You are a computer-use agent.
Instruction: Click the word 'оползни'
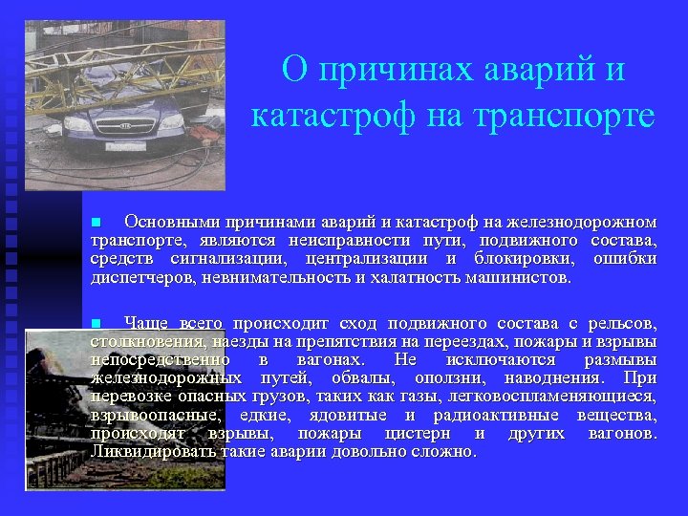pyautogui.click(x=450, y=377)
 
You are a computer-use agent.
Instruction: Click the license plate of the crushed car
pyautogui.click(x=125, y=146)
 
